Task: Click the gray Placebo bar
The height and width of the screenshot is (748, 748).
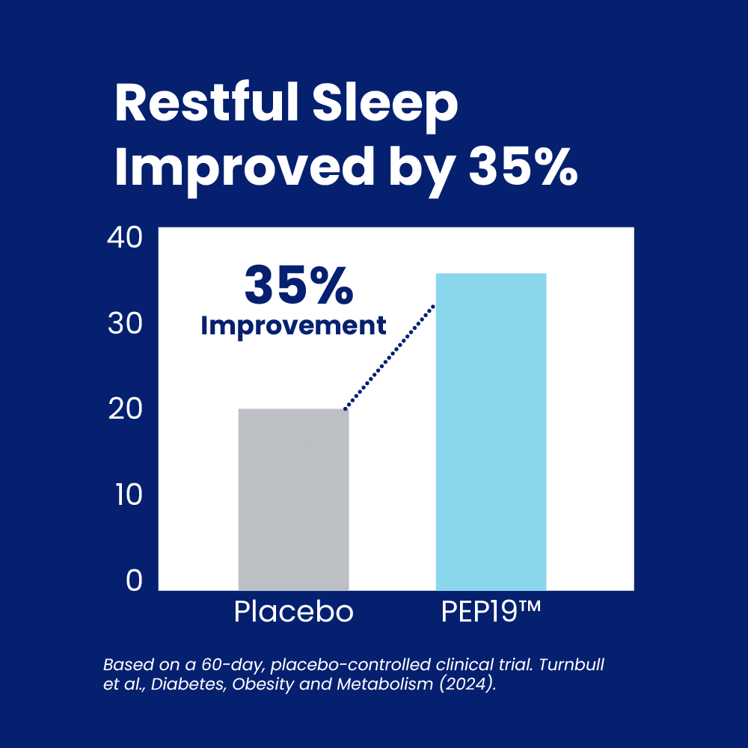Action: click(x=293, y=500)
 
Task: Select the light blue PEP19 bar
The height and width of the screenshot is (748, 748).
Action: click(x=491, y=432)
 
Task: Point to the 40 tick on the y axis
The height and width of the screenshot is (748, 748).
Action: click(x=124, y=237)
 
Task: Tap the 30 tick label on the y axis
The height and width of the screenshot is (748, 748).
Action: click(x=125, y=323)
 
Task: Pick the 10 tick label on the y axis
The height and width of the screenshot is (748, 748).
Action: click(x=129, y=494)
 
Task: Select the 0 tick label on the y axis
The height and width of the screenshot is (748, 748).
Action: click(x=134, y=580)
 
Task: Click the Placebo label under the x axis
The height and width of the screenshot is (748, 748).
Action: click(x=293, y=611)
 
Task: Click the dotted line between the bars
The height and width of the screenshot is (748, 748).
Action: click(x=390, y=357)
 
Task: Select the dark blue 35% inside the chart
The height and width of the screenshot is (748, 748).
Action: click(x=298, y=285)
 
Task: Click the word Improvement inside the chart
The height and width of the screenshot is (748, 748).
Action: click(x=293, y=326)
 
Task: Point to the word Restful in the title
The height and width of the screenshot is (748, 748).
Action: click(x=206, y=102)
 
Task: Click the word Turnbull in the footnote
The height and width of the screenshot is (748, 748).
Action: click(x=571, y=664)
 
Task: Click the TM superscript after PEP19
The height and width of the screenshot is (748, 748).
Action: click(x=530, y=606)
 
